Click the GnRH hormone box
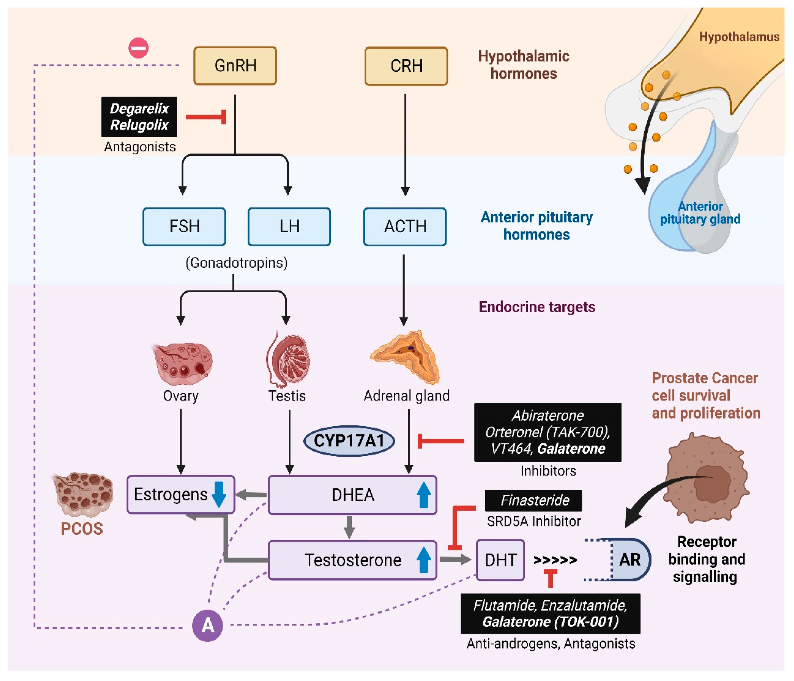point(235,65)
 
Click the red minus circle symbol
point(138,48)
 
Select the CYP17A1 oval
point(349,441)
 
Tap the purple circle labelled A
point(207,625)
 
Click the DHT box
point(500,560)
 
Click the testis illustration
point(288,360)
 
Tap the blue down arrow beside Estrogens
point(219,494)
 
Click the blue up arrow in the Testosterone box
point(423,560)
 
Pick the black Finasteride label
point(534,500)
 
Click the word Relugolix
point(139,125)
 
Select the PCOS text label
point(82,529)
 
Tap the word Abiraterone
point(548,415)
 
